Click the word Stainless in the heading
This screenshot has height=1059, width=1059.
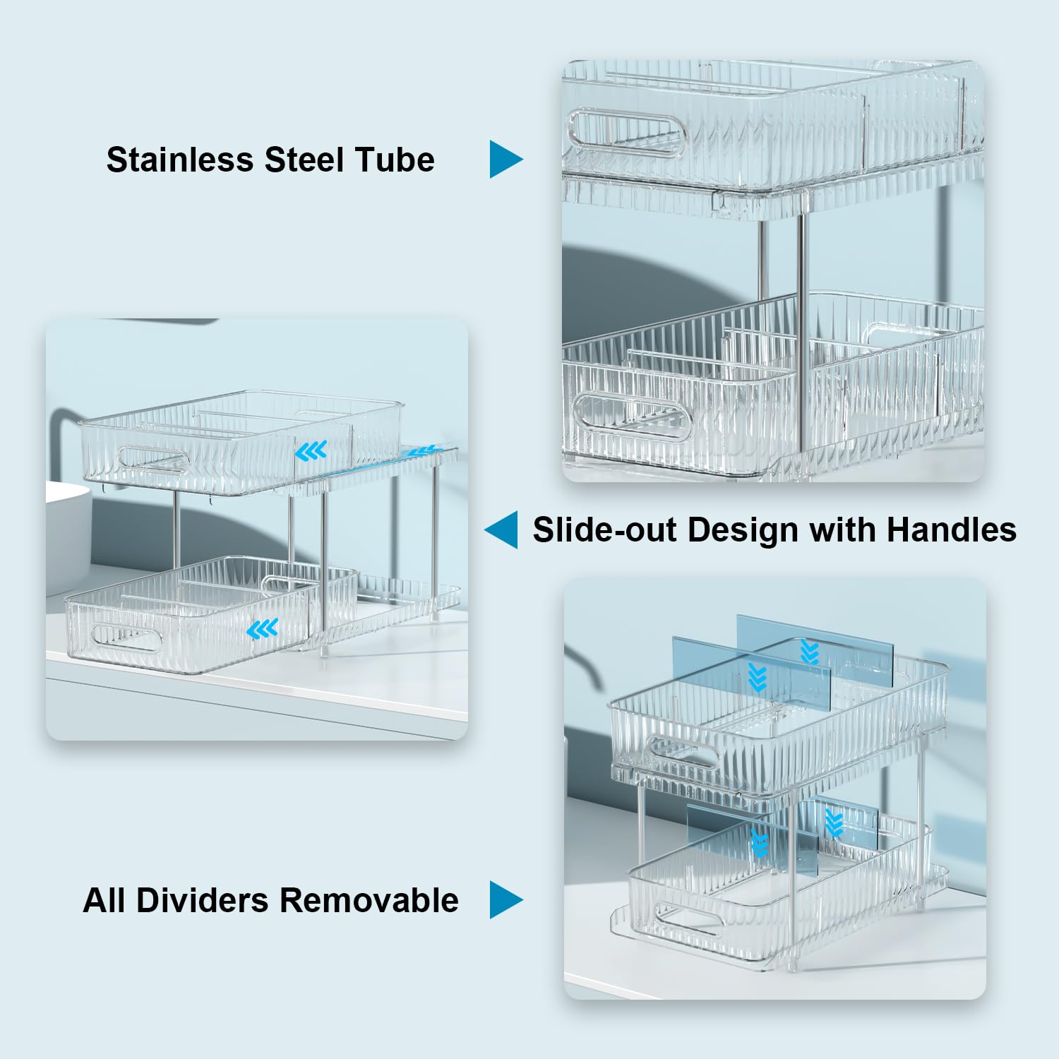[179, 160]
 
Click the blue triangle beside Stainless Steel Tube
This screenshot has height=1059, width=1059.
[505, 159]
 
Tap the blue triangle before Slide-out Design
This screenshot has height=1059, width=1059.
[502, 529]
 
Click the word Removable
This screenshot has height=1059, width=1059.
[369, 900]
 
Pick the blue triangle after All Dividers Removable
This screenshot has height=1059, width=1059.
[505, 899]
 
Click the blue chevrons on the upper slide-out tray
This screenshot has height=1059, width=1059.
[311, 450]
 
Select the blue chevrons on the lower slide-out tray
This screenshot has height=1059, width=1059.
[263, 628]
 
